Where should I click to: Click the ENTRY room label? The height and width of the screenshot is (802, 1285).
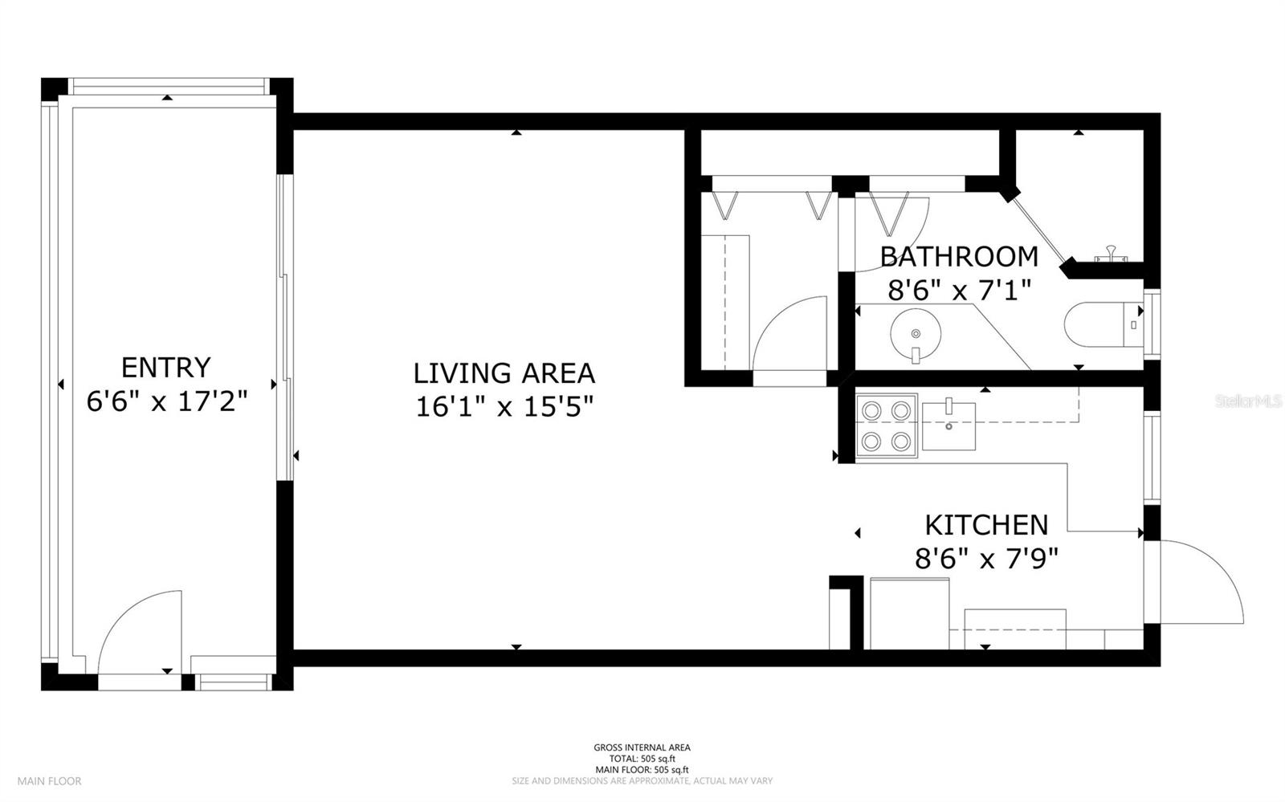[x=165, y=368]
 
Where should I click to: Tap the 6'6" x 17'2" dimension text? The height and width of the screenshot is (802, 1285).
[x=167, y=401]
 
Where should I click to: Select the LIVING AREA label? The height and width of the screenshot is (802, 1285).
[x=504, y=374]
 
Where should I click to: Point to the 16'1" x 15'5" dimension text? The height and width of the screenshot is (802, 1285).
[x=504, y=407]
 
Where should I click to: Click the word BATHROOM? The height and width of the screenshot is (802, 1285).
[x=960, y=257]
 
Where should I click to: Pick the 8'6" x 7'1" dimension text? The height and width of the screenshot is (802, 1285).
[x=960, y=290]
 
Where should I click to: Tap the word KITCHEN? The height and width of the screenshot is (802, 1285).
[x=987, y=525]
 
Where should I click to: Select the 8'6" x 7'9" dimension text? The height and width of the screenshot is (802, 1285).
[x=987, y=559]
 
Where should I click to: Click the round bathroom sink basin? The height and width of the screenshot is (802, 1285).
[x=916, y=335]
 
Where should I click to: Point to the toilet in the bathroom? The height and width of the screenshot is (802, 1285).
[x=1103, y=324]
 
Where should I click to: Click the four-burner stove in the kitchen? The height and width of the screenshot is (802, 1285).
[x=887, y=426]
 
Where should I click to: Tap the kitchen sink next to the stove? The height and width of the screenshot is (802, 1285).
[x=948, y=426]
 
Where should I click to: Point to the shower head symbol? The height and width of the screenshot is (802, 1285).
[x=1112, y=254]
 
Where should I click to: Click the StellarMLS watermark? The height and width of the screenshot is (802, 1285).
[x=1249, y=401]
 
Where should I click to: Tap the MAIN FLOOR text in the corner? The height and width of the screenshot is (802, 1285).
[x=49, y=781]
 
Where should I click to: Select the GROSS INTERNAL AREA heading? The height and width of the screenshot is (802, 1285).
[x=642, y=747]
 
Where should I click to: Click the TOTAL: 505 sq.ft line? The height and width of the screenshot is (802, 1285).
[x=642, y=759]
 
